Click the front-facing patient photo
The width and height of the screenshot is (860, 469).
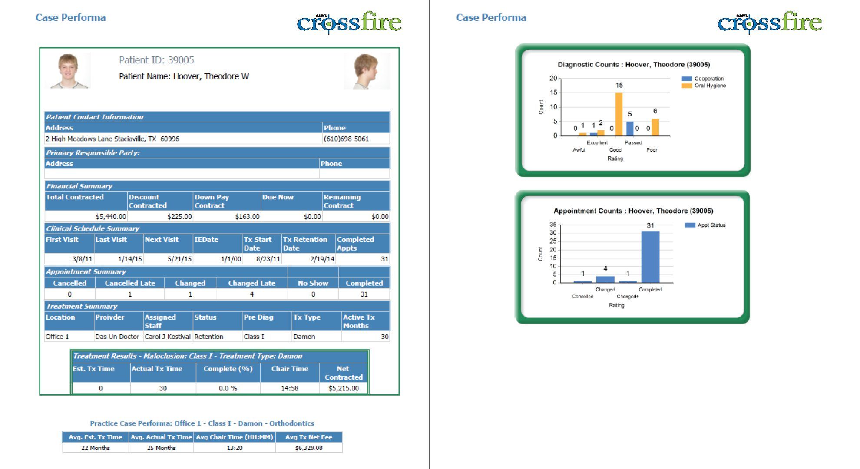[x=68, y=71]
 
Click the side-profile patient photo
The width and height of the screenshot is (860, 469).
[x=367, y=71]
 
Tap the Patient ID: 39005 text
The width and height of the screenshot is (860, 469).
[x=156, y=60]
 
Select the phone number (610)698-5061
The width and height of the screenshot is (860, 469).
[x=346, y=139]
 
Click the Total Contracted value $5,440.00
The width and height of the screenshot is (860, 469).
[x=111, y=216]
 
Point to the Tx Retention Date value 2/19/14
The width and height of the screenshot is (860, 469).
[x=322, y=259]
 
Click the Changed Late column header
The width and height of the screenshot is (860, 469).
[x=251, y=283]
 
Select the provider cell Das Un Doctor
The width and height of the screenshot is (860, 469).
[x=117, y=337]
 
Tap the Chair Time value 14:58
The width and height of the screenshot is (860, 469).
[x=290, y=388]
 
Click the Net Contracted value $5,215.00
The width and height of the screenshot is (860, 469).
[x=344, y=388]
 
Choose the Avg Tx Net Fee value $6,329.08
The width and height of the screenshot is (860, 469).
[x=309, y=448]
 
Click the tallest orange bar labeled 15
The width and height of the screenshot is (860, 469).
[x=619, y=114]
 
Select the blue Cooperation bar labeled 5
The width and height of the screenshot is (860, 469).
[x=630, y=129]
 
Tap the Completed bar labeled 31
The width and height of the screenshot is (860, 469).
[x=650, y=257]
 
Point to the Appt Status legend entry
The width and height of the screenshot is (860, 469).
[x=705, y=225]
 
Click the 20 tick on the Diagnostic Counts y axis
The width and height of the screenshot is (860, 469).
[x=553, y=78]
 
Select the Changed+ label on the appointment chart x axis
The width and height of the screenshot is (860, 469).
[x=628, y=297]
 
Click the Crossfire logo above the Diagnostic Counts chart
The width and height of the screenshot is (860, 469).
[x=769, y=23]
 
